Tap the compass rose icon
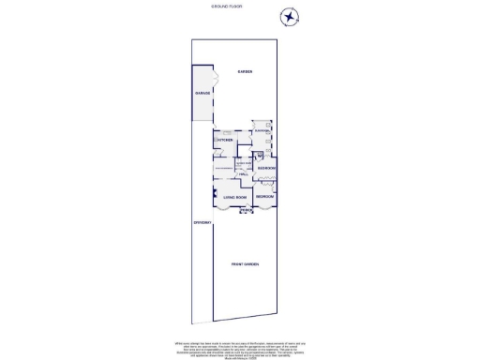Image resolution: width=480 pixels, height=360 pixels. coord(290,17)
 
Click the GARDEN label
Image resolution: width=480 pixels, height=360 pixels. coord(246,72)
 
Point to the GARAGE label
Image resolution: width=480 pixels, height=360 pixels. coord(202,94)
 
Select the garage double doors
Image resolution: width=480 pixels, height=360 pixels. coord(216,94)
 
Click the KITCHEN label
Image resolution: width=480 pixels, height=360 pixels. coord(225,141)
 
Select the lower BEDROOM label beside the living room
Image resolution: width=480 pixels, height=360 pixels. coord(265,197)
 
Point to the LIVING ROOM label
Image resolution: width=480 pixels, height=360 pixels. coord(235,197)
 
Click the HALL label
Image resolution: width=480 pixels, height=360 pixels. coord(242,175)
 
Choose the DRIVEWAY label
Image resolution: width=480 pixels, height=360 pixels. coord(201,222)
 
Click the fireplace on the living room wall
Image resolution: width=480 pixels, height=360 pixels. coord(215,195)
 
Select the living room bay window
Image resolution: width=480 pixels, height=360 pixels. coord(234,209)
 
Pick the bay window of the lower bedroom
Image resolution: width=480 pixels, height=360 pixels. coord(265,209)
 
